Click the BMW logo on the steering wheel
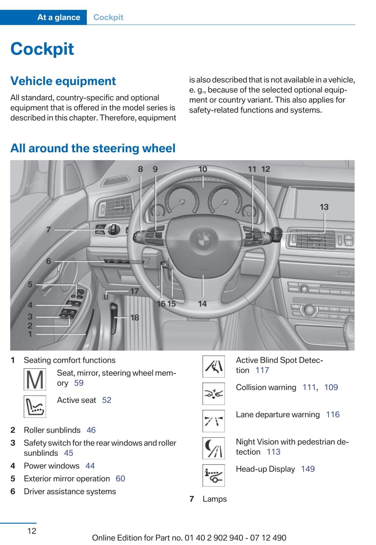pyautogui.click(x=203, y=240)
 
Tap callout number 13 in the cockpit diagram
pyautogui.click(x=324, y=207)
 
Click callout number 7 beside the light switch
pyautogui.click(x=48, y=229)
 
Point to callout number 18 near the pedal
pyautogui.click(x=135, y=317)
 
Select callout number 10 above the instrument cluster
pyautogui.click(x=202, y=169)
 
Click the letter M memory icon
pyautogui.click(x=35, y=379)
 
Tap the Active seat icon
pyautogui.click(x=35, y=406)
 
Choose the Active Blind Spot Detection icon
pyautogui.click(x=213, y=366)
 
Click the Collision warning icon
pyautogui.click(x=213, y=393)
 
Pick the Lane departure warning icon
pyautogui.click(x=213, y=421)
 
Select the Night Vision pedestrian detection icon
pyautogui.click(x=213, y=448)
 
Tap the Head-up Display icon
pyautogui.click(x=213, y=475)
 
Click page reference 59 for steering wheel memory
pyautogui.click(x=79, y=383)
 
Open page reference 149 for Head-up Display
pyautogui.click(x=308, y=469)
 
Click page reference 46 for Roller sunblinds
pyautogui.click(x=91, y=430)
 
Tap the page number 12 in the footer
pyautogui.click(x=32, y=531)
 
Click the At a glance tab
pyautogui.click(x=59, y=17)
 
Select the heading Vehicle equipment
pyautogui.click(x=63, y=81)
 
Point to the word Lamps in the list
pyautogui.click(x=215, y=499)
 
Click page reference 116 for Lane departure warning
pyautogui.click(x=333, y=415)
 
